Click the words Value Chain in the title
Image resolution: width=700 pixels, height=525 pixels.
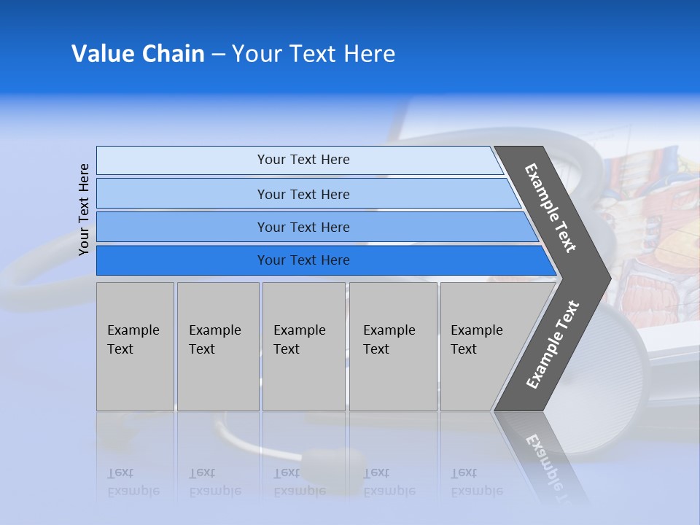(x=138, y=54)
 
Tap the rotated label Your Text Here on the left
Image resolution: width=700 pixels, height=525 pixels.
(x=85, y=209)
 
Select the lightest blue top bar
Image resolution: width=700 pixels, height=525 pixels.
(x=182, y=160)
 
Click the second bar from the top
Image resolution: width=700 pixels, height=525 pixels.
(x=182, y=194)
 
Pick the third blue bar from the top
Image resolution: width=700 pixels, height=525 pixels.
(x=182, y=227)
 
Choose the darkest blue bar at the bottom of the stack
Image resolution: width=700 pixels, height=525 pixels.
(x=182, y=260)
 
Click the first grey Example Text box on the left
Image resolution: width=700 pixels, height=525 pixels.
(x=135, y=346)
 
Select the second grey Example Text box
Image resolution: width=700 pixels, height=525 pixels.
(x=218, y=346)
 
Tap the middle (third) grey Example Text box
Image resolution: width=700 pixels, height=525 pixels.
(x=303, y=346)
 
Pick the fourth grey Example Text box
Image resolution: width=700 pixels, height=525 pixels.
(x=393, y=346)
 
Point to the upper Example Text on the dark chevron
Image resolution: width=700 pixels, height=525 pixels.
(x=551, y=208)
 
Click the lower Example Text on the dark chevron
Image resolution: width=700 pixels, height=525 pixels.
(x=553, y=345)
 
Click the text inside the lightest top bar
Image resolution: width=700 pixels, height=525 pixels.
(x=303, y=160)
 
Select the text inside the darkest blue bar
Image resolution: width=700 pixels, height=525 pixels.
(x=303, y=260)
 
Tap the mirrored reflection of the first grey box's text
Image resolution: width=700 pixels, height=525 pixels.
(x=133, y=482)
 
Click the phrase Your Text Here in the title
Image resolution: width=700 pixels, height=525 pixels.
(x=314, y=54)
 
